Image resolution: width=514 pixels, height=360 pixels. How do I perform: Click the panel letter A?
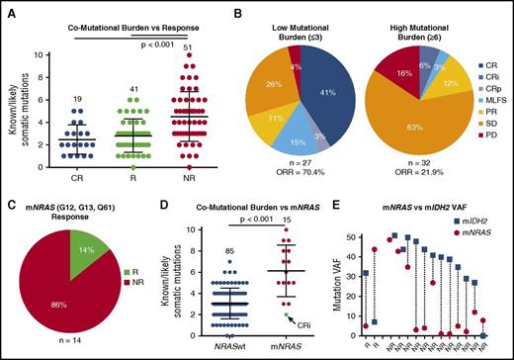pyautogui.click(x=8, y=9)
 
